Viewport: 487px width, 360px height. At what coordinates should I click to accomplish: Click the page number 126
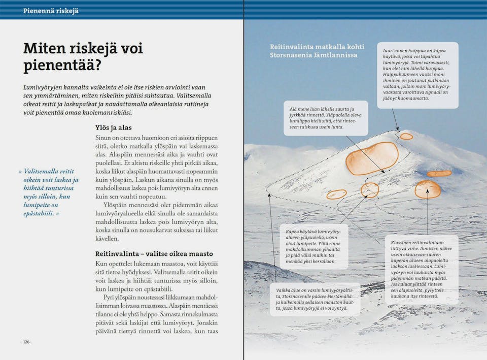(26, 342)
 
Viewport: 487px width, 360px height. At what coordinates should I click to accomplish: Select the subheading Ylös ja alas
(113, 127)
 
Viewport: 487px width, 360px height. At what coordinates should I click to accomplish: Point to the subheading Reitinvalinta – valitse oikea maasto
(154, 253)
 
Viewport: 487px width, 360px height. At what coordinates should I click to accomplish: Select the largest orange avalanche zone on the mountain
(372, 158)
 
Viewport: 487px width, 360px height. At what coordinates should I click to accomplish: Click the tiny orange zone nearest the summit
(406, 136)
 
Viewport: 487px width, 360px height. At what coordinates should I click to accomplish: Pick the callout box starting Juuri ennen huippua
(417, 75)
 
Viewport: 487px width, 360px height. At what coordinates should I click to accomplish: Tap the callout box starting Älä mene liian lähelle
(325, 118)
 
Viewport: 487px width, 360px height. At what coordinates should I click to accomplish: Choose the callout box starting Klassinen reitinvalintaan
(421, 269)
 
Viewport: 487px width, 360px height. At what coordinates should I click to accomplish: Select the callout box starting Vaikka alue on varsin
(315, 299)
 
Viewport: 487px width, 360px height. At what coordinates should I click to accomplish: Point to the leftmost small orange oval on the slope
(336, 194)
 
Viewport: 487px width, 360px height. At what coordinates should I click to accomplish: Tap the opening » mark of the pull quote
(20, 171)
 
